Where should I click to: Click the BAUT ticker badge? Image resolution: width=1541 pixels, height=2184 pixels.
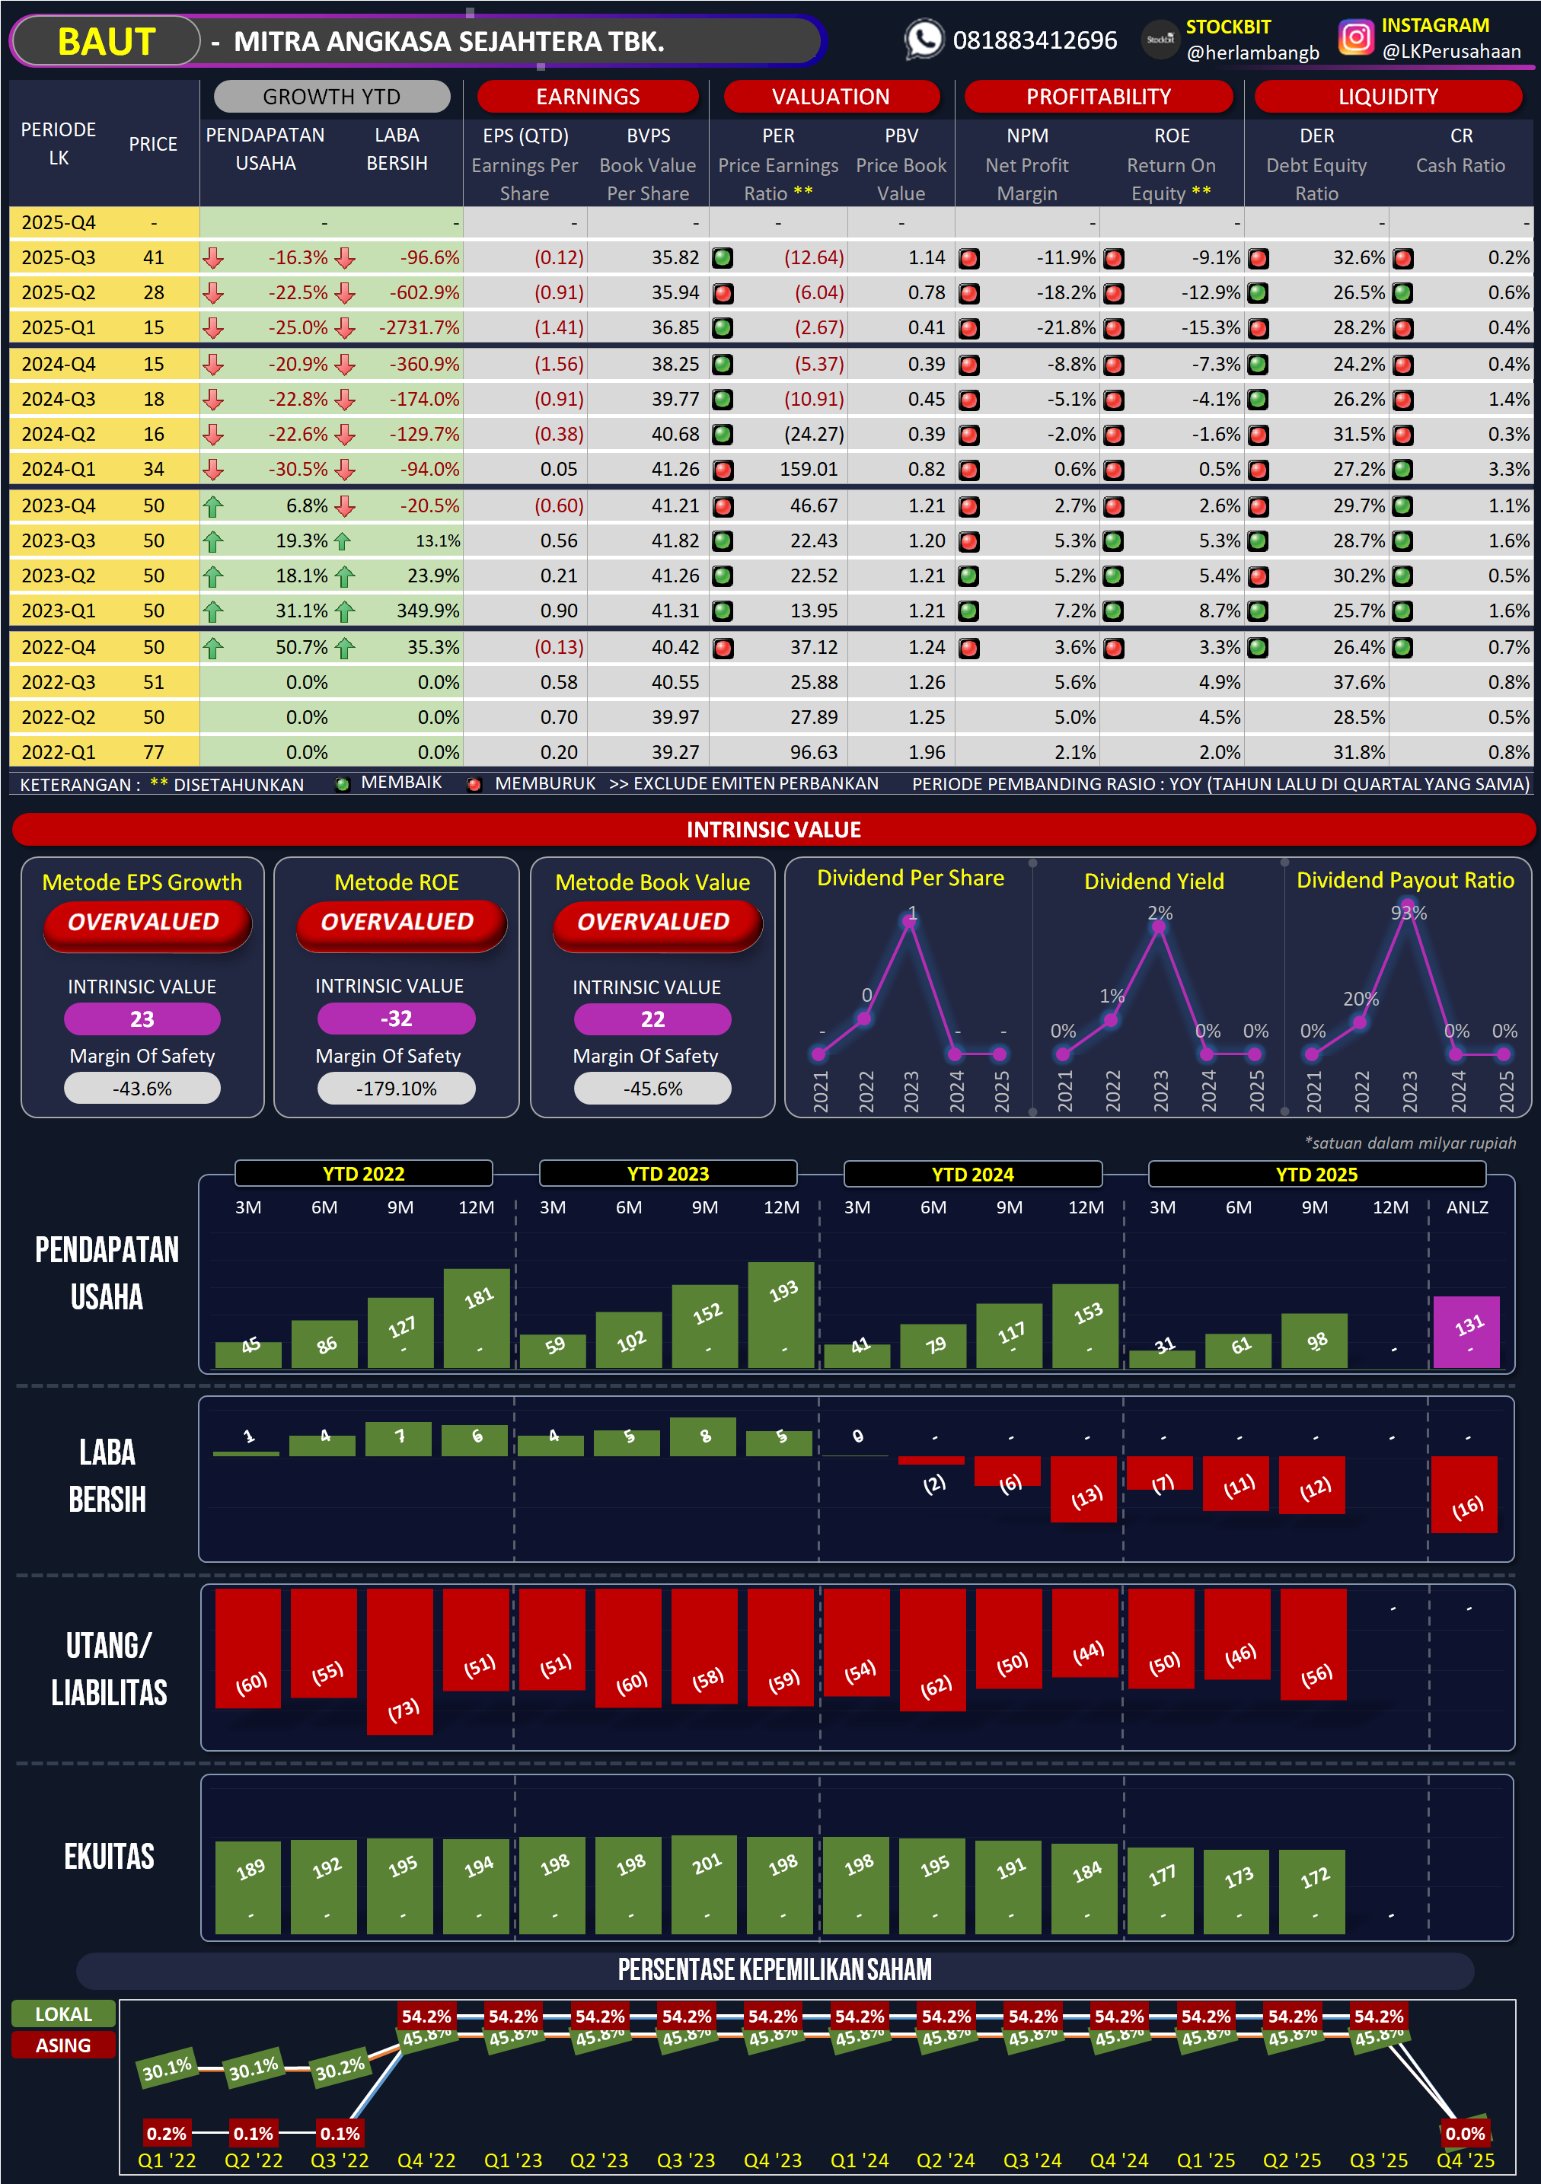point(106,42)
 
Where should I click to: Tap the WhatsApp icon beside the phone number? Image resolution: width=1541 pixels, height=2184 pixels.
point(924,40)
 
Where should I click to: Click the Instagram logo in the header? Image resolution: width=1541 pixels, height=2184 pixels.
point(1355,38)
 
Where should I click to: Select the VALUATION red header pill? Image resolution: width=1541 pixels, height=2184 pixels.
point(831,96)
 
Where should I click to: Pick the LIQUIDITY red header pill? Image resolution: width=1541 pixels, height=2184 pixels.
point(1387,96)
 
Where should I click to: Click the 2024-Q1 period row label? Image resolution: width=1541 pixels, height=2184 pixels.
point(59,469)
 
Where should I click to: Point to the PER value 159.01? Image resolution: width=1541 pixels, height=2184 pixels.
point(809,469)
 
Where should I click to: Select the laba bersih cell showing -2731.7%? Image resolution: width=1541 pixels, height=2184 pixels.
point(420,328)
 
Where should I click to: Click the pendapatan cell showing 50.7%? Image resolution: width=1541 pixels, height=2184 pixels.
point(301,648)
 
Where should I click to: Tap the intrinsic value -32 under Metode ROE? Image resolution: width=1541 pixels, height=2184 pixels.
point(397,1019)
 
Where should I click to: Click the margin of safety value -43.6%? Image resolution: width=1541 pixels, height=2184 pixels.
point(142,1089)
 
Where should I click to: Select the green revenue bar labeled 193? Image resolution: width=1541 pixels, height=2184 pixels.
point(781,1315)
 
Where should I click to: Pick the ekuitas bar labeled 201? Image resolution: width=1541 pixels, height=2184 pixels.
point(704,1883)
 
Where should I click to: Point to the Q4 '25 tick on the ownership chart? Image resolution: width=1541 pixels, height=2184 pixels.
point(1465,2160)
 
